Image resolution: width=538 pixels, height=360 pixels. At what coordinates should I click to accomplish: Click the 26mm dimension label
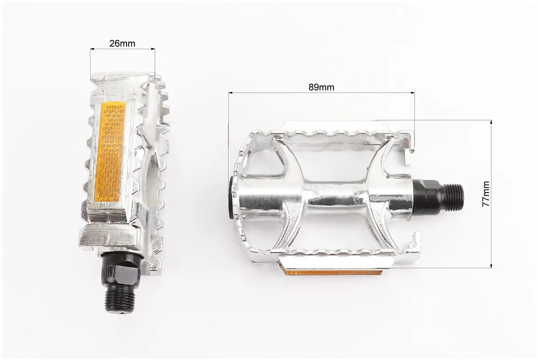122,44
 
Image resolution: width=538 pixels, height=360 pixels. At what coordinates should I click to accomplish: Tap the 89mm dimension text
321,87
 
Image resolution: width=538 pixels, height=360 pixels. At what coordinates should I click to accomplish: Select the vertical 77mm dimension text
486,193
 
